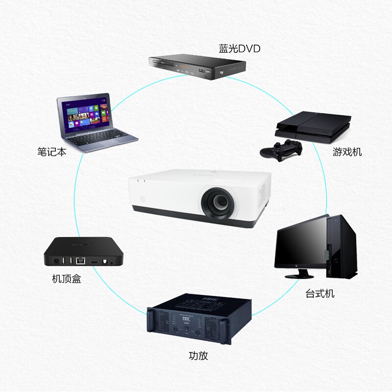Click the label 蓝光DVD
coord(239,49)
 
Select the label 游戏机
coord(347,151)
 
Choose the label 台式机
coord(320,294)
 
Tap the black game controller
coord(280,150)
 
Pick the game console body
coord(313,126)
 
